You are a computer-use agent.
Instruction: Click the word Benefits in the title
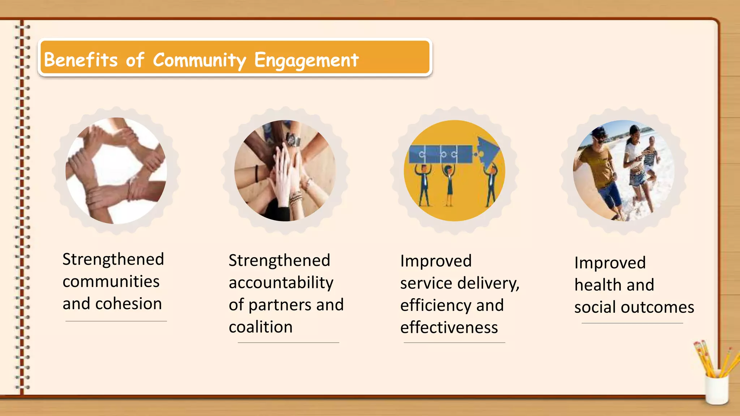coord(81,60)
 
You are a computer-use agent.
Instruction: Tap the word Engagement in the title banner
coord(306,60)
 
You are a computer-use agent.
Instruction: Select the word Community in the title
coord(199,60)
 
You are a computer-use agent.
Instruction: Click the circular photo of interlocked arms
coord(116,170)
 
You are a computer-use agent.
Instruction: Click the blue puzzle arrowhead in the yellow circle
coord(489,152)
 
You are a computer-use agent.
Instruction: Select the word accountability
coord(281,283)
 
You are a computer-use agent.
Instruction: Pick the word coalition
coord(261,327)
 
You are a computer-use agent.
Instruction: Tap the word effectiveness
coord(449,328)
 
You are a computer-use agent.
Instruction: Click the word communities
coord(111,282)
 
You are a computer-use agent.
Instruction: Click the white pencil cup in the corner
coord(717,390)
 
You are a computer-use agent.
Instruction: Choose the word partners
coord(280,305)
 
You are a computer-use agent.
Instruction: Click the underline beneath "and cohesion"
coord(116,321)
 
